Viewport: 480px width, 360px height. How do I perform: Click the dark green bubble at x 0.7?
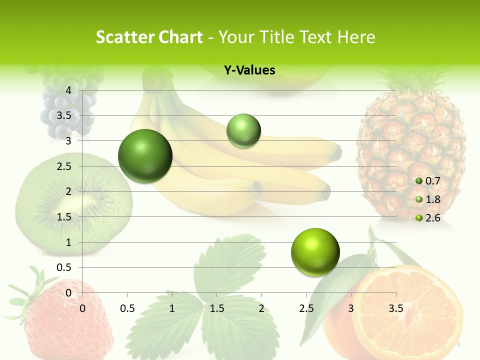[145, 156]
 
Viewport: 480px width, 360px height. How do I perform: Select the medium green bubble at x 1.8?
[243, 130]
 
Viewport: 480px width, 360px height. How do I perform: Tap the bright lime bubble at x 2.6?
[315, 252]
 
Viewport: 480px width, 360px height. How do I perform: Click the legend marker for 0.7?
[419, 181]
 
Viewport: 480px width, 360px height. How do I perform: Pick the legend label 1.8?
[432, 199]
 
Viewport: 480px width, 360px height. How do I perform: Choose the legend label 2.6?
[432, 218]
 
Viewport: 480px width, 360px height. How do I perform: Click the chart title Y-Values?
[249, 70]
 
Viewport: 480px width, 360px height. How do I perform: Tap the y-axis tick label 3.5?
[64, 115]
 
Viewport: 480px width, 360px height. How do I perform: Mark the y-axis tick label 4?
[69, 90]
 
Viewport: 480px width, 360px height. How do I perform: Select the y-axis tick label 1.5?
[64, 217]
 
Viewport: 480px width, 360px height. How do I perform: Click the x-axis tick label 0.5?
[127, 308]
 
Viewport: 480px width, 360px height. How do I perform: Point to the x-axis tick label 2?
[261, 308]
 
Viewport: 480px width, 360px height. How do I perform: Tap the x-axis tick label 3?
[351, 308]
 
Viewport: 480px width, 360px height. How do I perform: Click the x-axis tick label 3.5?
[395, 308]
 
